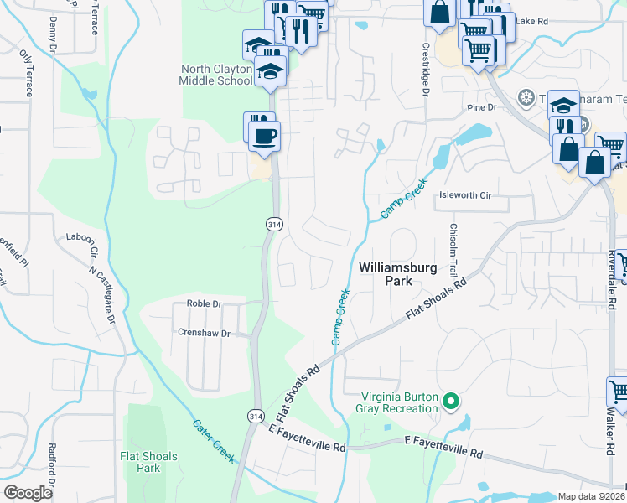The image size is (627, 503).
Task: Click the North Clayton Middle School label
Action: coord(215,75)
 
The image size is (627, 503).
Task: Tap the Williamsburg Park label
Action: coord(386,274)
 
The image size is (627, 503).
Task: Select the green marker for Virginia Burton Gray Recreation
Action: coord(451,402)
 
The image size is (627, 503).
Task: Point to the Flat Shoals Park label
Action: coord(148,462)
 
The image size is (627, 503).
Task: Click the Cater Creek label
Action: coord(213,439)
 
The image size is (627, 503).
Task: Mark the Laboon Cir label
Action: coord(83,245)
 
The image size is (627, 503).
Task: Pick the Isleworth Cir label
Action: coord(464,195)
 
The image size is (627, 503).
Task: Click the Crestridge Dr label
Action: coord(425,70)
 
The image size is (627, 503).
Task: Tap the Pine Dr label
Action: coord(482,108)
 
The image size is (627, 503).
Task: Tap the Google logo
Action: coord(28,493)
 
